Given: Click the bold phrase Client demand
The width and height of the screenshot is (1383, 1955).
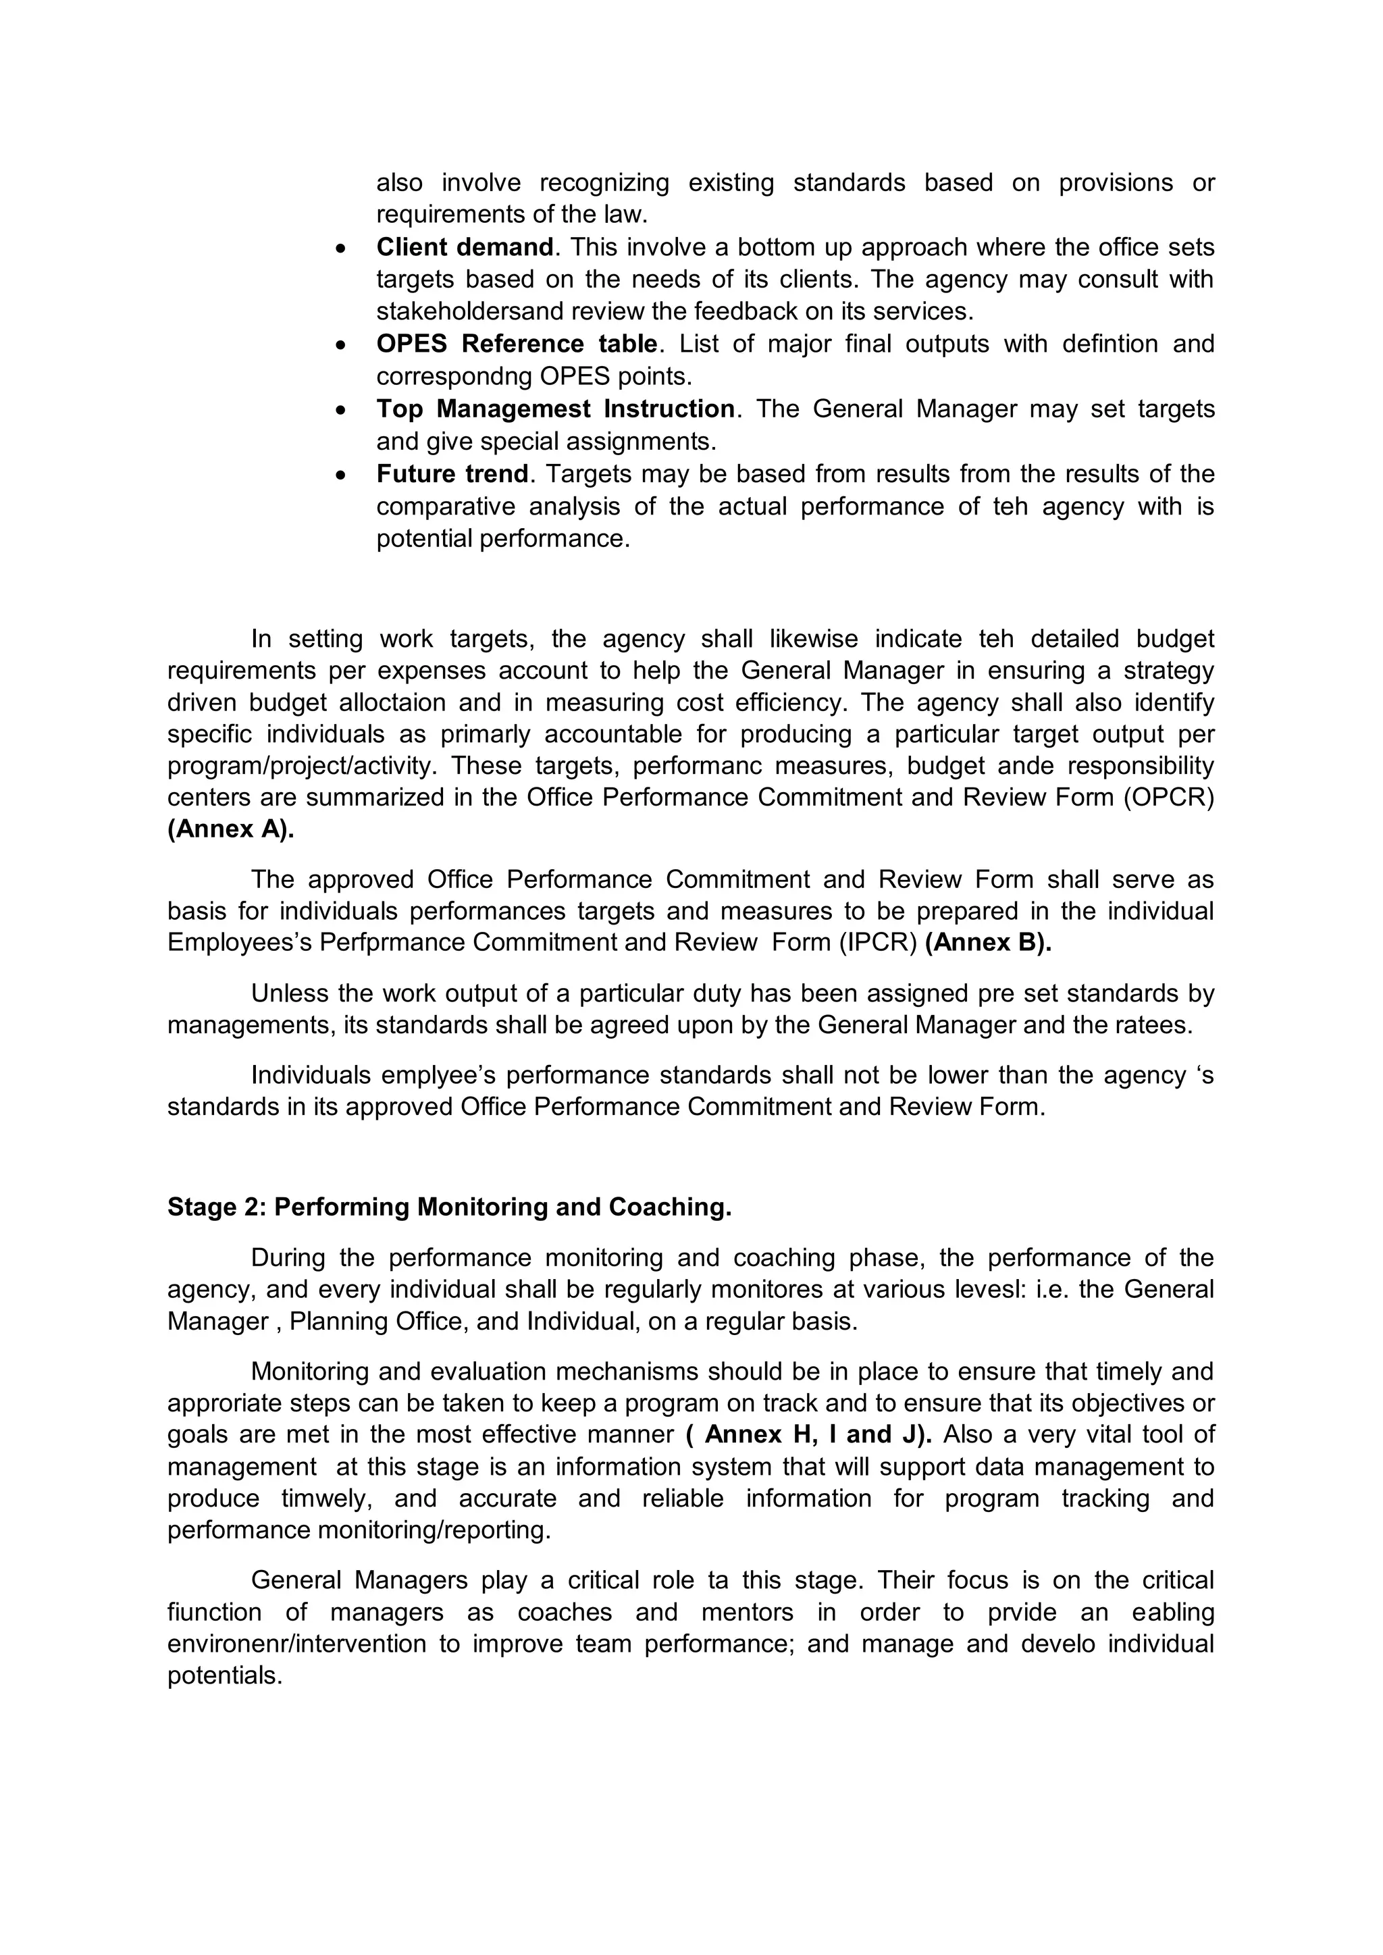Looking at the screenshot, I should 465,247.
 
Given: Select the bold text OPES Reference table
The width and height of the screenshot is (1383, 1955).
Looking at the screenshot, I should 517,344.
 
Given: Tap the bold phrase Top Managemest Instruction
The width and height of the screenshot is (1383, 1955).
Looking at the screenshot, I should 555,409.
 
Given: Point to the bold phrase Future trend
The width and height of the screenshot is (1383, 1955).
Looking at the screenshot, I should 452,473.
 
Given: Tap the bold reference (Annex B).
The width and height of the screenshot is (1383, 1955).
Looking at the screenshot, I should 988,943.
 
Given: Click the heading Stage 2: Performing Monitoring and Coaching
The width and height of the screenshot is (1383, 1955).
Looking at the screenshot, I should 449,1207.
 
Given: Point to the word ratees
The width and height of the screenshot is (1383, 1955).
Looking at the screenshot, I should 1151,1025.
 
